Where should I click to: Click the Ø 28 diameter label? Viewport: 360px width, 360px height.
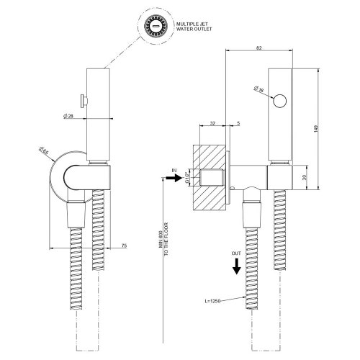[x=69, y=116]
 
